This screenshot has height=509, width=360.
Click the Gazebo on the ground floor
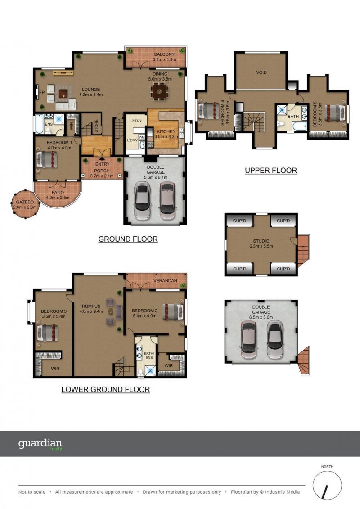coord(26,204)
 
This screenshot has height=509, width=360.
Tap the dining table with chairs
coord(160,91)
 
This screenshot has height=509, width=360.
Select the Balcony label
coord(164,57)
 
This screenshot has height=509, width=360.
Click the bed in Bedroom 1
coord(47,160)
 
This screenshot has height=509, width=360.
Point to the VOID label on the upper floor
coord(261,72)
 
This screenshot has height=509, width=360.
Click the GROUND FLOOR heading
coord(128,239)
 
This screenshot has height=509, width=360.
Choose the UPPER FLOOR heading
coord(271,171)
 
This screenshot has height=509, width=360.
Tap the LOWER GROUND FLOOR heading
coord(105,390)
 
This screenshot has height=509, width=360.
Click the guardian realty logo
coord(40,444)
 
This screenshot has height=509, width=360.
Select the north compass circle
coord(327,485)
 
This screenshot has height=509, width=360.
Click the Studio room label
coord(261,243)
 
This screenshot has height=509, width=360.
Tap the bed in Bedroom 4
coord(208,111)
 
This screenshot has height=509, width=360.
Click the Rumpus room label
coord(91,309)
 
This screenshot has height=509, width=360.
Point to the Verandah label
coord(165,280)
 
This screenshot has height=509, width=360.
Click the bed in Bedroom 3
coord(47,333)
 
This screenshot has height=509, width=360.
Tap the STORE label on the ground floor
coord(96,126)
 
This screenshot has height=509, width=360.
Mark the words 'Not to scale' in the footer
coord(32,492)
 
